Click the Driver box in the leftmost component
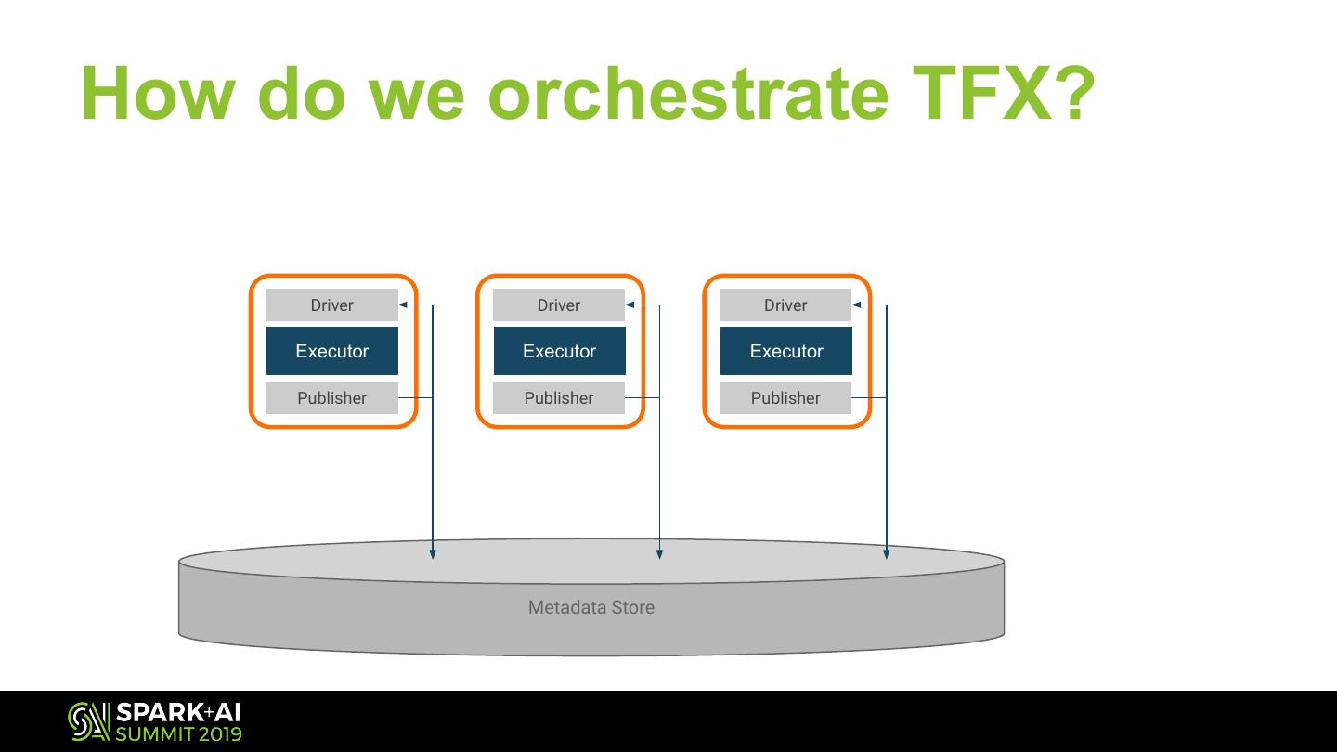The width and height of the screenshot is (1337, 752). [x=331, y=305]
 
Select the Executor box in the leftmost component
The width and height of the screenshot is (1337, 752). [x=331, y=351]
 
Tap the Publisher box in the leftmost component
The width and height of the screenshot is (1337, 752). [x=331, y=397]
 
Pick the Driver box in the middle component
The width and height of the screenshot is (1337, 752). [x=559, y=305]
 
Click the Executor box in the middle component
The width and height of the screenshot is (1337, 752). [x=559, y=351]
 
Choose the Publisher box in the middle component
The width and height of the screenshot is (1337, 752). [x=559, y=397]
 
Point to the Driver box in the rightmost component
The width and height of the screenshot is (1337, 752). [x=786, y=305]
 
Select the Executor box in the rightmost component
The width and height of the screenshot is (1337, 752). [x=786, y=351]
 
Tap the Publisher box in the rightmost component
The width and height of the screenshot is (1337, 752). [x=786, y=397]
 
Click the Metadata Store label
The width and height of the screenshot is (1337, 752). [x=591, y=607]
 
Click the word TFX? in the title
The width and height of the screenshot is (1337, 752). [x=1004, y=93]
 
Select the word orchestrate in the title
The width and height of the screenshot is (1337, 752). [x=688, y=93]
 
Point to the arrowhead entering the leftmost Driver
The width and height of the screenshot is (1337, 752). [x=403, y=305]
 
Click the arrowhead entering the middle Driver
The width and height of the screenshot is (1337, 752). [x=630, y=305]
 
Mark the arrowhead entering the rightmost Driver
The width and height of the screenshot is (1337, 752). [x=857, y=305]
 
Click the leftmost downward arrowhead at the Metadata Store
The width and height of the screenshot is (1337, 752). [x=433, y=554]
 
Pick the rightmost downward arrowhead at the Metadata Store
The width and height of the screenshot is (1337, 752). [x=887, y=554]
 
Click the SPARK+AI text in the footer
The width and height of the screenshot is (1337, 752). [x=178, y=713]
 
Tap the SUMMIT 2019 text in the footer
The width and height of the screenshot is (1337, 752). [x=178, y=733]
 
